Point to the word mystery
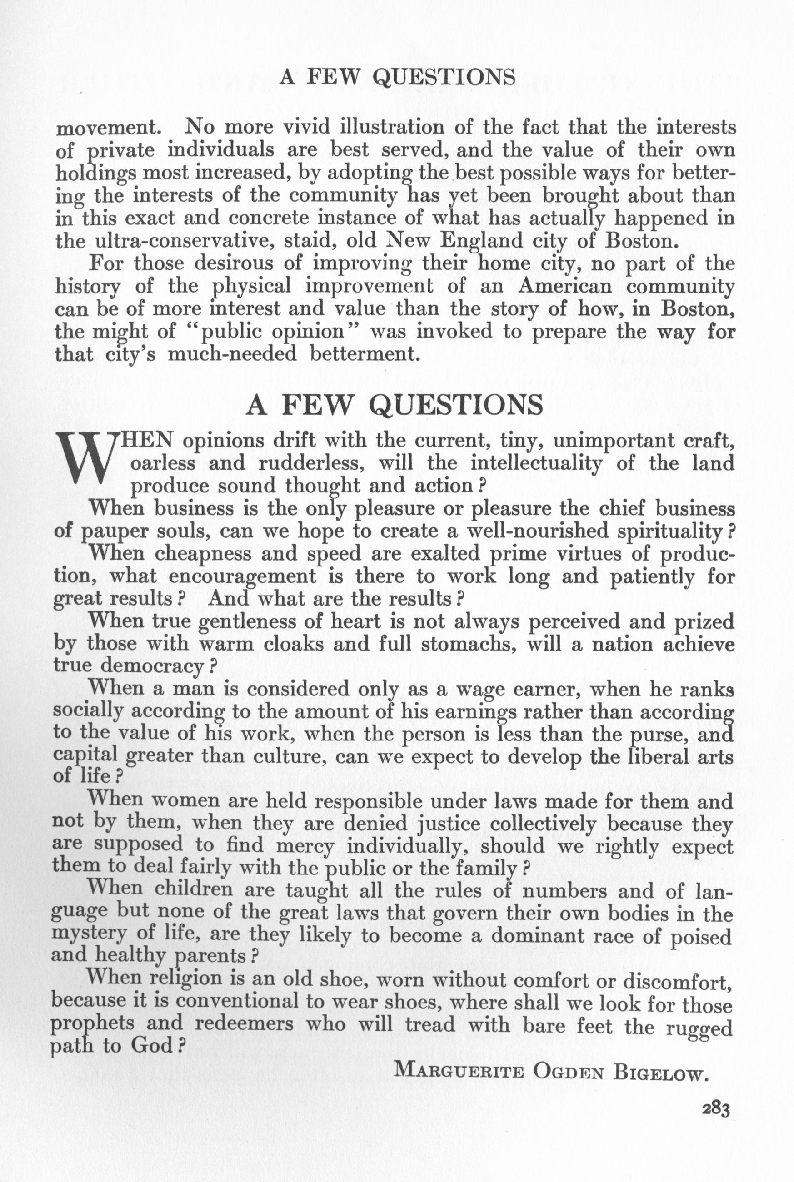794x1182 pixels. tap(88, 937)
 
